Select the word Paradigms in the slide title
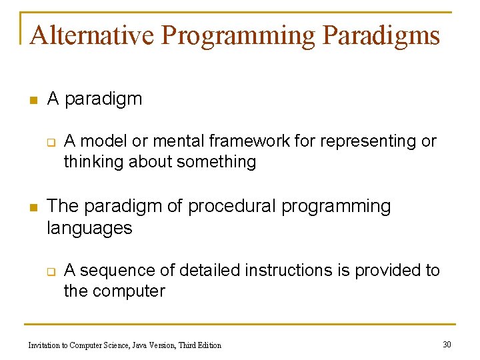381,35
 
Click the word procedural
231,207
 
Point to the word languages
89,228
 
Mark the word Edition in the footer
208,345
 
